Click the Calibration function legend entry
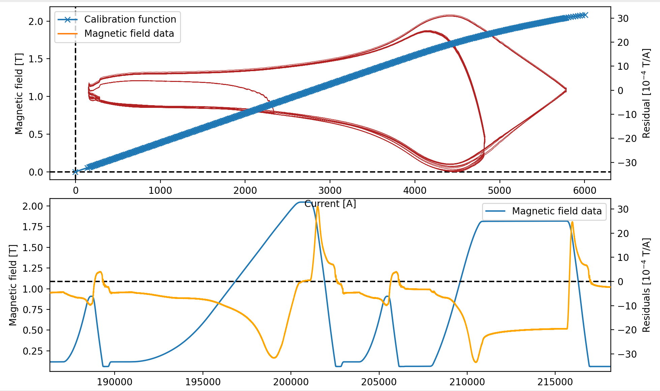point(130,20)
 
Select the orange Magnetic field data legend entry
point(129,34)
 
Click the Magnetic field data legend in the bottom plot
point(557,211)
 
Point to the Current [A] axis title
point(330,204)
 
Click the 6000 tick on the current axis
point(584,190)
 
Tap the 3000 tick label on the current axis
point(330,190)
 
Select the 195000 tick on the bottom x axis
point(203,382)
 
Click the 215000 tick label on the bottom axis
point(555,382)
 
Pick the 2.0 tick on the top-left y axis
point(36,22)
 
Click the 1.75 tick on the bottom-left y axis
point(33,227)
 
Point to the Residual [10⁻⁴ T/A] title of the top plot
point(646,93)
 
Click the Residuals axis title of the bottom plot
point(646,285)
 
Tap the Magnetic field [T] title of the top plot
point(19,93)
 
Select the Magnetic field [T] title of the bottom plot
point(13,285)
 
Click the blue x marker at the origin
point(76,172)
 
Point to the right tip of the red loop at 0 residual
point(566,90)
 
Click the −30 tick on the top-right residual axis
point(627,163)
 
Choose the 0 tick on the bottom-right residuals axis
point(620,282)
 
